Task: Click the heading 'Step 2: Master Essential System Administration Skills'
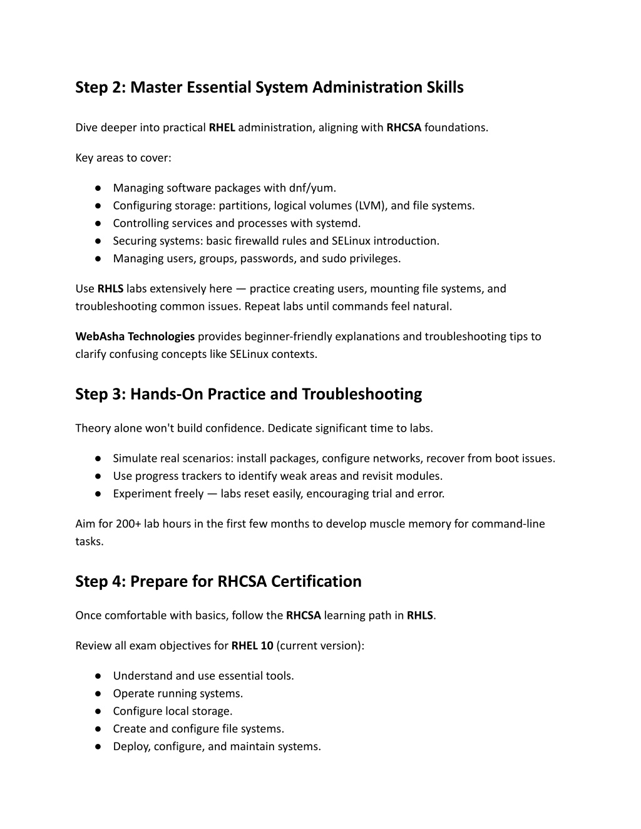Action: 269,87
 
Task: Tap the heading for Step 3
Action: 249,394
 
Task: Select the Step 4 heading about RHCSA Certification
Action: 218,581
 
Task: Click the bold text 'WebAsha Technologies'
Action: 135,337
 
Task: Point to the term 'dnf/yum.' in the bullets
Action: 312,188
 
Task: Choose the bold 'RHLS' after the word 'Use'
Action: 110,289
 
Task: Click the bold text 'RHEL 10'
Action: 252,646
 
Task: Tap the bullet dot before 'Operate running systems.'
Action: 99,694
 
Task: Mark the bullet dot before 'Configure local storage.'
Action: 99,711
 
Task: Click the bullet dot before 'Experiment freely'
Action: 99,494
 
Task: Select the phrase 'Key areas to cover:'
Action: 123,158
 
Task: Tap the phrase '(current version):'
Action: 320,646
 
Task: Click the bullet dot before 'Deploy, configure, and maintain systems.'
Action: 99,746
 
